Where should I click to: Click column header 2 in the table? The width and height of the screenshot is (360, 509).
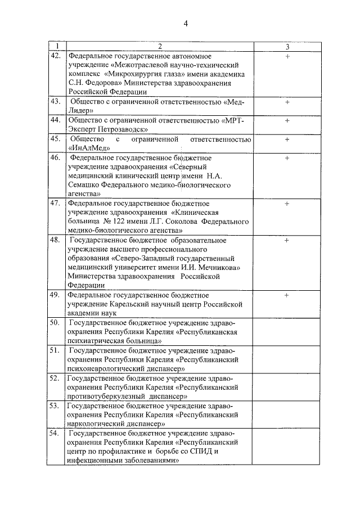(159, 47)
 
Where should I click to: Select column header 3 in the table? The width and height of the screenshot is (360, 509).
(287, 47)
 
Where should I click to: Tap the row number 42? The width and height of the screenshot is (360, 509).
(56, 56)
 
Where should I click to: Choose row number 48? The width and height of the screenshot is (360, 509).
(56, 240)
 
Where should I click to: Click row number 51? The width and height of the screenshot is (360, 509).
(56, 350)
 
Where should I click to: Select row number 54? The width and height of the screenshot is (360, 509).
(56, 434)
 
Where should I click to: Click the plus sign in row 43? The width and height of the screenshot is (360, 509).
(287, 102)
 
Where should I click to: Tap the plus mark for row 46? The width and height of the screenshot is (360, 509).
(287, 158)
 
